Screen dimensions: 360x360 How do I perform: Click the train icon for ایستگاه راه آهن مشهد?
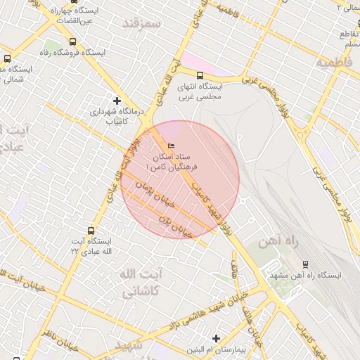(x=305, y=264)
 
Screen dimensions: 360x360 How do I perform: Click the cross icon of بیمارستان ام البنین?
(x=216, y=339)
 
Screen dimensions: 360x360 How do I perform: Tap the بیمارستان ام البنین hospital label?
(x=216, y=349)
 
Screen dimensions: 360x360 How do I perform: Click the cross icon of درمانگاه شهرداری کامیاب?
(x=117, y=101)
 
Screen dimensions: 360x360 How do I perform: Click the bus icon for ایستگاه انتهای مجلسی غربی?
(x=200, y=75)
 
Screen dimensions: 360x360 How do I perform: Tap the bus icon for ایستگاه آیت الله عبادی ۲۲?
(x=91, y=230)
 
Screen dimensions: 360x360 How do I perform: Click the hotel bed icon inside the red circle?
(x=171, y=146)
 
